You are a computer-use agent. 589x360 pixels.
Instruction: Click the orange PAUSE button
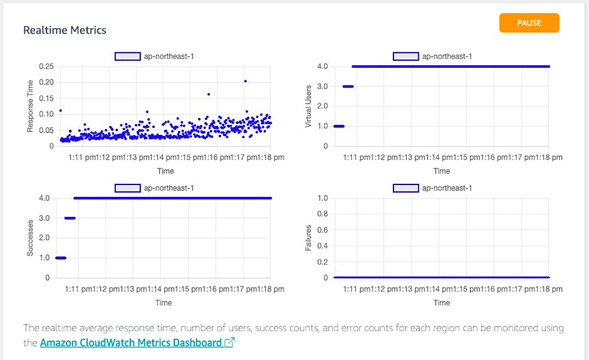pyautogui.click(x=529, y=23)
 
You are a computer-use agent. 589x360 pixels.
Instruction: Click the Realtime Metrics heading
pyautogui.click(x=65, y=30)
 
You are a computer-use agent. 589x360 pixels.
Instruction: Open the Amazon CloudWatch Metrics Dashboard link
pyautogui.click(x=131, y=342)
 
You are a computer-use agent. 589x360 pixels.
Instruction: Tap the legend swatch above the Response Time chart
pyautogui.click(x=127, y=57)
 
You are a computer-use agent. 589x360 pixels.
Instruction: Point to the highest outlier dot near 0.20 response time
pyautogui.click(x=245, y=81)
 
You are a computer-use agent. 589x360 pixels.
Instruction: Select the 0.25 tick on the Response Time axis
pyautogui.click(x=46, y=66)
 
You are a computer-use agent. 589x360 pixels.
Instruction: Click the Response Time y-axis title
pyautogui.click(x=31, y=106)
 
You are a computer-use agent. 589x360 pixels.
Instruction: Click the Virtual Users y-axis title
pyautogui.click(x=307, y=106)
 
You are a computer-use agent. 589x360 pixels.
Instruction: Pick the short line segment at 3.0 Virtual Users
pyautogui.click(x=348, y=86)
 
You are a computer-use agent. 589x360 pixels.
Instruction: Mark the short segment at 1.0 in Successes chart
pyautogui.click(x=60, y=257)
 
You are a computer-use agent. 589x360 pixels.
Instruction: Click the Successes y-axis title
pyautogui.click(x=30, y=238)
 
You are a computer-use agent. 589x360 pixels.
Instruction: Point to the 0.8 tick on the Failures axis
pyautogui.click(x=322, y=214)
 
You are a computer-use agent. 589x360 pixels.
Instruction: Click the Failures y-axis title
pyautogui.click(x=307, y=238)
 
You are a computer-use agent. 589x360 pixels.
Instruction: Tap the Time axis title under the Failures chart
pyautogui.click(x=442, y=303)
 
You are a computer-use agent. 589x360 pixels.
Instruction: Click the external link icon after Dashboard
pyautogui.click(x=230, y=343)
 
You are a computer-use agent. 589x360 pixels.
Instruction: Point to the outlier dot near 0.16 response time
pyautogui.click(x=209, y=94)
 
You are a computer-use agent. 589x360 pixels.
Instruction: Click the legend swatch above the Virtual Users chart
pyautogui.click(x=405, y=57)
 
